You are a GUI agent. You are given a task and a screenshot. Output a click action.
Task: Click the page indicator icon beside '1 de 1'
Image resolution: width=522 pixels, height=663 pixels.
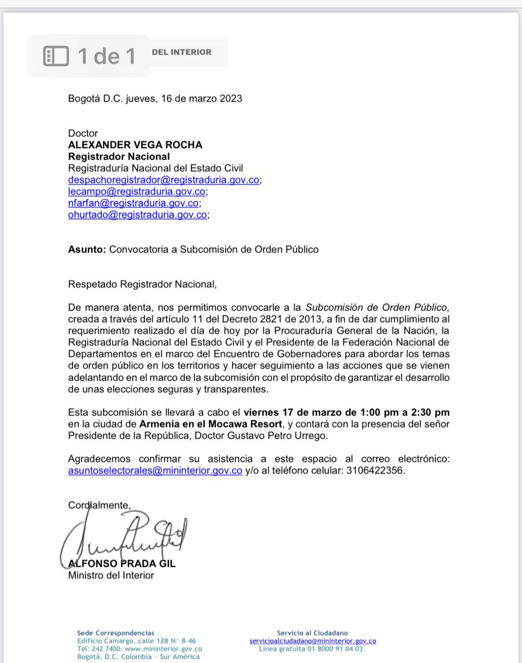(56, 56)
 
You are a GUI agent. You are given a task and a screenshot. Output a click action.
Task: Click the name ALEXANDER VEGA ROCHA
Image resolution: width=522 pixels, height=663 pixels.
(135, 145)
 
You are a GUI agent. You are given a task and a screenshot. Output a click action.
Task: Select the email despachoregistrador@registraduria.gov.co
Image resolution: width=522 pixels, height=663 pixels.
(163, 180)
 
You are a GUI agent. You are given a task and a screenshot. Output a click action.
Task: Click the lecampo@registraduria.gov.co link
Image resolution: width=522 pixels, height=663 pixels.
(136, 192)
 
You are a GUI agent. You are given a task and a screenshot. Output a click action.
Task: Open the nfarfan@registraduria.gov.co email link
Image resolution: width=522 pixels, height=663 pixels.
(133, 203)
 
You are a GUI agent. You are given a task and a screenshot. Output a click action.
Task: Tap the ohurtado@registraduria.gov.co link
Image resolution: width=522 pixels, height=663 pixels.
(137, 215)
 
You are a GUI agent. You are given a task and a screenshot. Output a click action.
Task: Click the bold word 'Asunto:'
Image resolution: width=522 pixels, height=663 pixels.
(87, 249)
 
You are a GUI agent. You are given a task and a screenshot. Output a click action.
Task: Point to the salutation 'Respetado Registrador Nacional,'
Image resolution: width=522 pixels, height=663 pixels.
(142, 284)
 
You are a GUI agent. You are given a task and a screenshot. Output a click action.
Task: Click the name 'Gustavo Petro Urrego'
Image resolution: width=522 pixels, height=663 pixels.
(277, 436)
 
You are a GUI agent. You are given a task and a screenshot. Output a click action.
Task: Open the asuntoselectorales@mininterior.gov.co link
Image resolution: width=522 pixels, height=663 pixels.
(155, 471)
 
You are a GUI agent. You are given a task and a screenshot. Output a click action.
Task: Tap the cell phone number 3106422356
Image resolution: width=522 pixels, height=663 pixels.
(375, 471)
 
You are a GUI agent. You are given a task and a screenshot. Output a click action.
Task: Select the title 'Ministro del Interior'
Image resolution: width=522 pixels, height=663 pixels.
(111, 576)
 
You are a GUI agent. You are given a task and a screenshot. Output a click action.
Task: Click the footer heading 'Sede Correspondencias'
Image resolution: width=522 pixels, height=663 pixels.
(116, 633)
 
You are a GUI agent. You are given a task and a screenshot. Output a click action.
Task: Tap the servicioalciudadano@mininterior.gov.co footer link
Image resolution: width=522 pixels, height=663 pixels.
(312, 641)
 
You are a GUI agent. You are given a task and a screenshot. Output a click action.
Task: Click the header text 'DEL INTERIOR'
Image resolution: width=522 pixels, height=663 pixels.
(181, 52)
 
